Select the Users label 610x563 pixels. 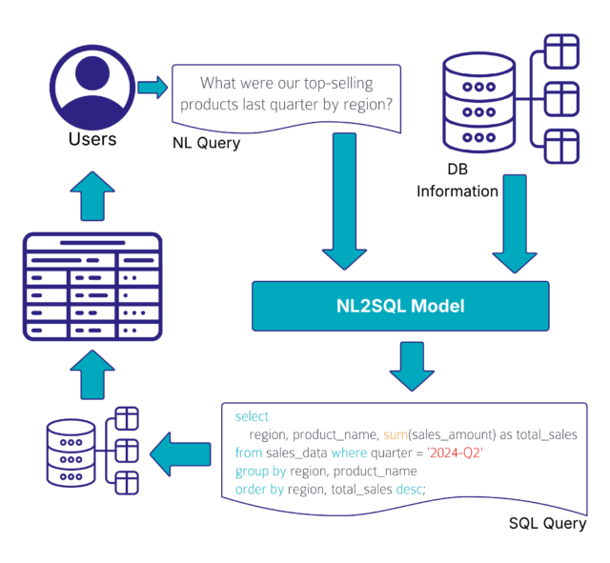pos(92,140)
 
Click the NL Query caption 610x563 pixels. pos(207,144)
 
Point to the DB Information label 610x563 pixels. pos(457,180)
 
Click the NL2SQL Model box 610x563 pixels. pos(399,307)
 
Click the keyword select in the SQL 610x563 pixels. pos(252,416)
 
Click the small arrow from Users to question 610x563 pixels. pos(152,89)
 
